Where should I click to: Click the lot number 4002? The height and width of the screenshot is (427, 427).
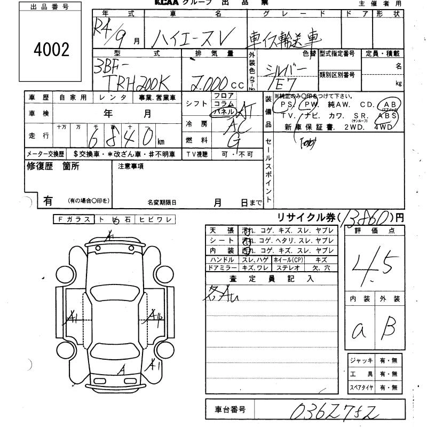coord(51,50)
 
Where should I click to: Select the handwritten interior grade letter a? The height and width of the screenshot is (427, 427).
coord(359,331)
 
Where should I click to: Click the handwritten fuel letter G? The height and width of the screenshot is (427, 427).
coord(233,140)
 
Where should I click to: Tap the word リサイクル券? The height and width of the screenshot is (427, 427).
coord(305,217)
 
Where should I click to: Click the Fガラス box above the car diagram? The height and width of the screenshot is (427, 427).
coord(74,219)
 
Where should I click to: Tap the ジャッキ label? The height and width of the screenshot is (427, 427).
coord(360,361)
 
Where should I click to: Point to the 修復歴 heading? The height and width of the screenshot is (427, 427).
coord(39,166)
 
